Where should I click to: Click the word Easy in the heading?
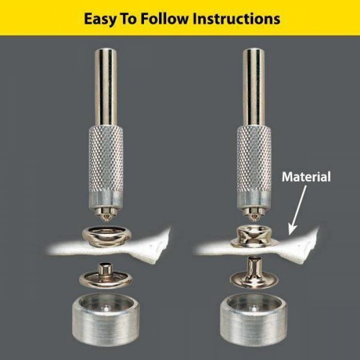coord(100,20)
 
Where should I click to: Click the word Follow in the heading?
coord(165,19)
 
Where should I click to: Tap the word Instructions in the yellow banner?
coord(237,19)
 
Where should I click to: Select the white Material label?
coord(307,177)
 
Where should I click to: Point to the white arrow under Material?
coord(297,210)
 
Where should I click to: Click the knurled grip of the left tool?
coord(105,159)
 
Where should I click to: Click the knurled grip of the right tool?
coord(254,159)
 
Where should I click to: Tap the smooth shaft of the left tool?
coord(106,87)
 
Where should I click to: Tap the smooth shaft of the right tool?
coord(254,87)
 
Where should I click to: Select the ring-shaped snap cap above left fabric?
coord(107,237)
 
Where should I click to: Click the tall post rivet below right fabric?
coord(254,273)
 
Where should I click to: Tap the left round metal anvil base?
coord(106,319)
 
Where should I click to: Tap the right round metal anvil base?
coord(254,319)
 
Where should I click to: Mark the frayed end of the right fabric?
coord(312,246)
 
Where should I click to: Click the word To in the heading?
coord(129,19)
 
